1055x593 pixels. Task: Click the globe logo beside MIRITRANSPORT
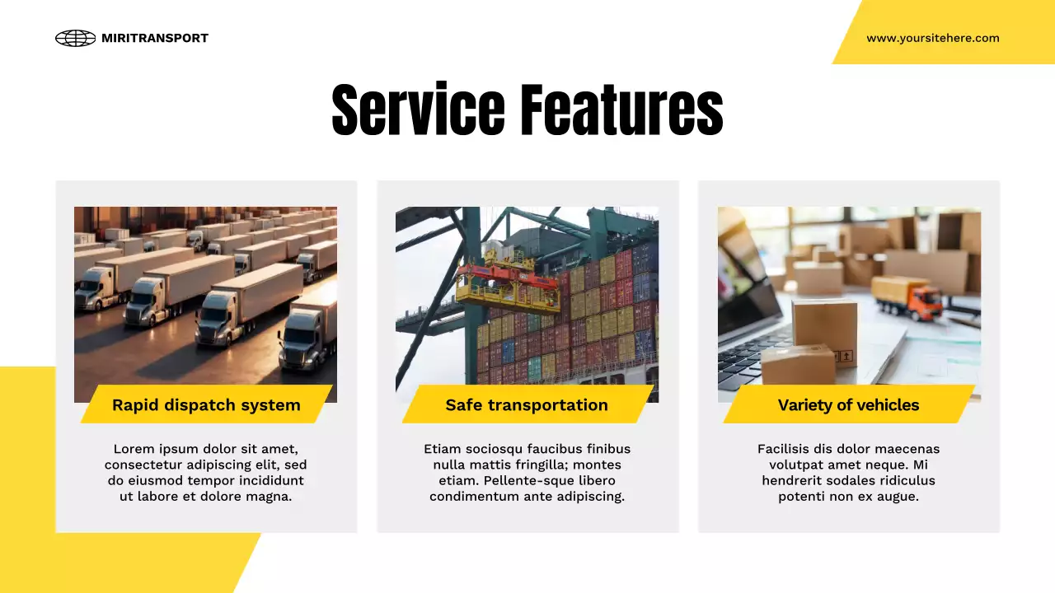[75, 38]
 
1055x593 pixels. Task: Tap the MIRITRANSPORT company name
[155, 38]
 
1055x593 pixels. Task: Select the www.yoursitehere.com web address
[932, 38]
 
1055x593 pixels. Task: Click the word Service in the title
[418, 110]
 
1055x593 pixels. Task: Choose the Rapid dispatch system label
[206, 405]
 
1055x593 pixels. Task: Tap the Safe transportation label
[527, 405]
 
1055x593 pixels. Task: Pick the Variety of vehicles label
[848, 405]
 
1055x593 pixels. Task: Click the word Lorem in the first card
[134, 449]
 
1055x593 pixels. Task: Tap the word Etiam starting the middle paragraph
[443, 449]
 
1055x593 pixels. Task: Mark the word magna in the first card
[270, 497]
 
